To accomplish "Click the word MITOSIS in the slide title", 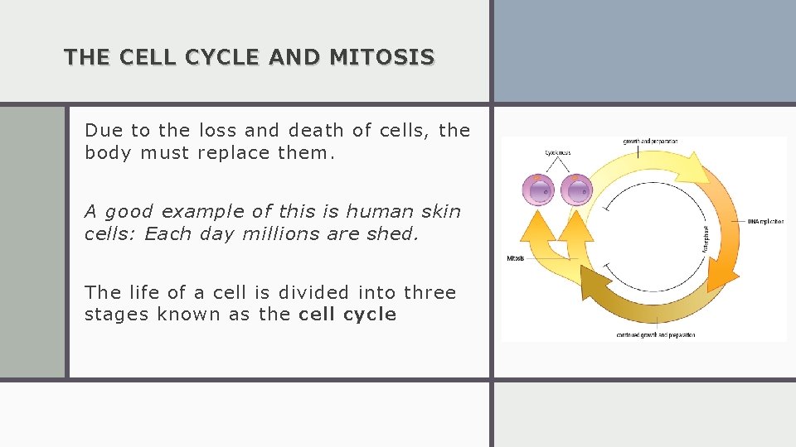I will (381, 57).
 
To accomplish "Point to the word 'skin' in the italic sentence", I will (442, 211).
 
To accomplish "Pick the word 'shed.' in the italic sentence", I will (393, 233).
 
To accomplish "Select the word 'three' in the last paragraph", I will (430, 292).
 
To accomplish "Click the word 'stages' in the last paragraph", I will (112, 315).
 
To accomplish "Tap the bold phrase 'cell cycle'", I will (347, 315).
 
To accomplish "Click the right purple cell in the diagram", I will (575, 190).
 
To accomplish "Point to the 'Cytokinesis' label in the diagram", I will (557, 152).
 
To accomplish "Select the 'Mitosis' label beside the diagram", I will (515, 258).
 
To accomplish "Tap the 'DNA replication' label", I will (764, 221).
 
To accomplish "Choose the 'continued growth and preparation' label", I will (655, 335).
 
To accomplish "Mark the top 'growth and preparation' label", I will (650, 142).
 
